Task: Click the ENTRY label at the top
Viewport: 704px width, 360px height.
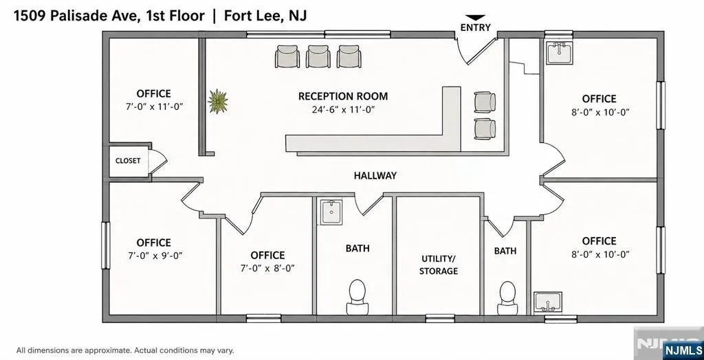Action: coord(476,27)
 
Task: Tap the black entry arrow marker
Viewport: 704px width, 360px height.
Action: coord(476,17)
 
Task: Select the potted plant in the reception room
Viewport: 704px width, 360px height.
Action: coord(218,101)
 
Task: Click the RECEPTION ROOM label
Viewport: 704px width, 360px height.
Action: coord(343,96)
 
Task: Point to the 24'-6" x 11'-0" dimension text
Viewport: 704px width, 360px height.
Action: coord(344,109)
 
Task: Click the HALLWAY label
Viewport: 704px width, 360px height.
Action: coord(375,175)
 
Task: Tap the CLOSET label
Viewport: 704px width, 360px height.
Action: coord(128,161)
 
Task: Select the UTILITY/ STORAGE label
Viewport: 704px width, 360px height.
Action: coord(439,265)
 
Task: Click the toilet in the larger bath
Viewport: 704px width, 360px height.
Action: coord(357,297)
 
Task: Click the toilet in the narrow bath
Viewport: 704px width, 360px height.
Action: coord(507,298)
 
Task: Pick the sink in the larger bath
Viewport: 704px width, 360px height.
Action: coord(331,212)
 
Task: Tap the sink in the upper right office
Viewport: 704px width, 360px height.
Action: coord(559,52)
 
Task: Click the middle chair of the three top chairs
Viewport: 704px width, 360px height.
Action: coord(318,56)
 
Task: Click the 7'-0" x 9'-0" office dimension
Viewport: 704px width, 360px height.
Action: coord(155,256)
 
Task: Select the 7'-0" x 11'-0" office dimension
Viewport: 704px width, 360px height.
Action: coord(155,106)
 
